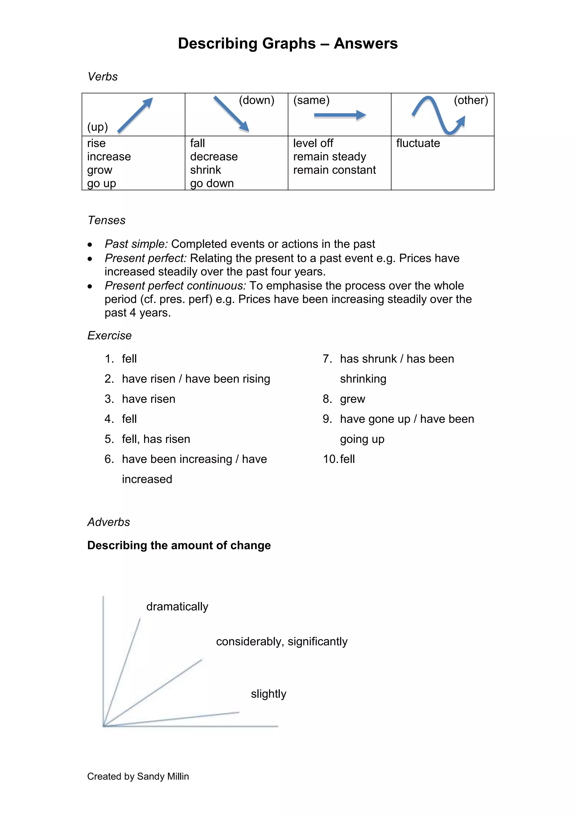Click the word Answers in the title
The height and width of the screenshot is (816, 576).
coord(366,43)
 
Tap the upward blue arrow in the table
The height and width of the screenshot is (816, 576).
coord(135,115)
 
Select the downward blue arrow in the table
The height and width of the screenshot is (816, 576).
coord(231,114)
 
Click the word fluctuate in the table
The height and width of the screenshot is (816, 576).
coord(418,143)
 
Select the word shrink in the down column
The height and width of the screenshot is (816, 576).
coord(206,170)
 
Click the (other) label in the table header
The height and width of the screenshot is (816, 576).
coord(471,100)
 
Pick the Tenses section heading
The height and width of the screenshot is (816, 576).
coord(107,220)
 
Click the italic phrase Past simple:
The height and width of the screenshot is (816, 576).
coord(136,244)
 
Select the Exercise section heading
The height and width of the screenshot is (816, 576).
coord(109,336)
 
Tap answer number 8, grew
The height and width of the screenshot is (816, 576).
coord(352,399)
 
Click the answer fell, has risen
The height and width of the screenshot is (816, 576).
coord(156,439)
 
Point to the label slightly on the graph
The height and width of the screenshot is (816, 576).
coord(268,694)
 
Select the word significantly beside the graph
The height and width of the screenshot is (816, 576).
coord(317,641)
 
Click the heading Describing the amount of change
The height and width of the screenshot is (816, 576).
coord(179,545)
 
